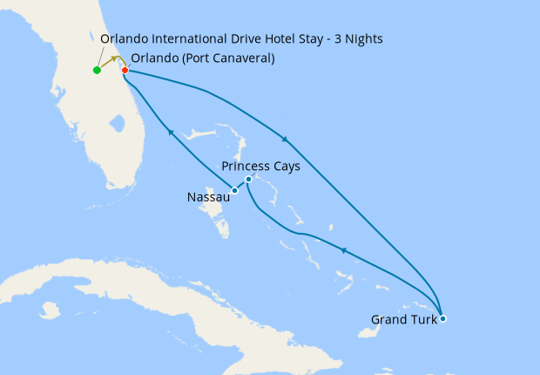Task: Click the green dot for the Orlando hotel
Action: (x=97, y=70)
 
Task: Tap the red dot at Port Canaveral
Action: (x=125, y=70)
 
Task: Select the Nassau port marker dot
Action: (x=234, y=190)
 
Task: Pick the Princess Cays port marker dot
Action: (x=249, y=180)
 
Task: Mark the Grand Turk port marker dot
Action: (x=443, y=318)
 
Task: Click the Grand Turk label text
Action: (x=404, y=320)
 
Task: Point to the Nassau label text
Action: (x=208, y=198)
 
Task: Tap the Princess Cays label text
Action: (x=261, y=166)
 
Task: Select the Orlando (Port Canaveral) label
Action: (x=203, y=58)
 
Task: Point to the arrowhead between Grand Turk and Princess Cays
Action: (x=342, y=250)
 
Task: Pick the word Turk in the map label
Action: (x=423, y=320)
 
